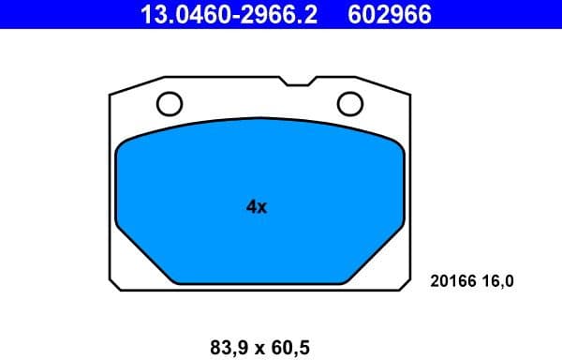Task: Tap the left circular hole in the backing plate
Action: coord(170,102)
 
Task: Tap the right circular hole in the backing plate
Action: coord(349,102)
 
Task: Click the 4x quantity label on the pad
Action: coord(257,207)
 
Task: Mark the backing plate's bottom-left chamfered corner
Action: coord(113,281)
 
